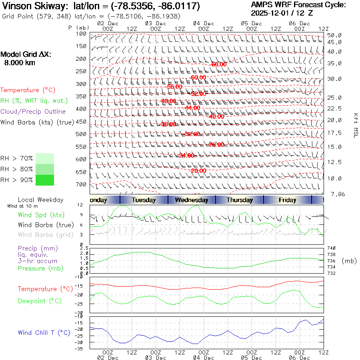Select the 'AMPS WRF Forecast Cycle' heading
click(x=298, y=5)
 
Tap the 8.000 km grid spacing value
click(x=20, y=62)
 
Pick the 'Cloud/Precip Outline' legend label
click(x=33, y=112)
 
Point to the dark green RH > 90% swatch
click(x=45, y=180)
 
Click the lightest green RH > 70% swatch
click(x=45, y=158)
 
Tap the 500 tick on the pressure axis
click(x=82, y=134)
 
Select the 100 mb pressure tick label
click(x=82, y=34)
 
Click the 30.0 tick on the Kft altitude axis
click(x=334, y=79)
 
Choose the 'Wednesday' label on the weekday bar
click(x=192, y=200)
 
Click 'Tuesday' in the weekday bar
click(x=144, y=200)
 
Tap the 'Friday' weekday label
click(x=288, y=200)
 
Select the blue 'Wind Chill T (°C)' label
click(x=44, y=333)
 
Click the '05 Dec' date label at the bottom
click(x=252, y=358)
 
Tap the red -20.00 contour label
click(x=198, y=171)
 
